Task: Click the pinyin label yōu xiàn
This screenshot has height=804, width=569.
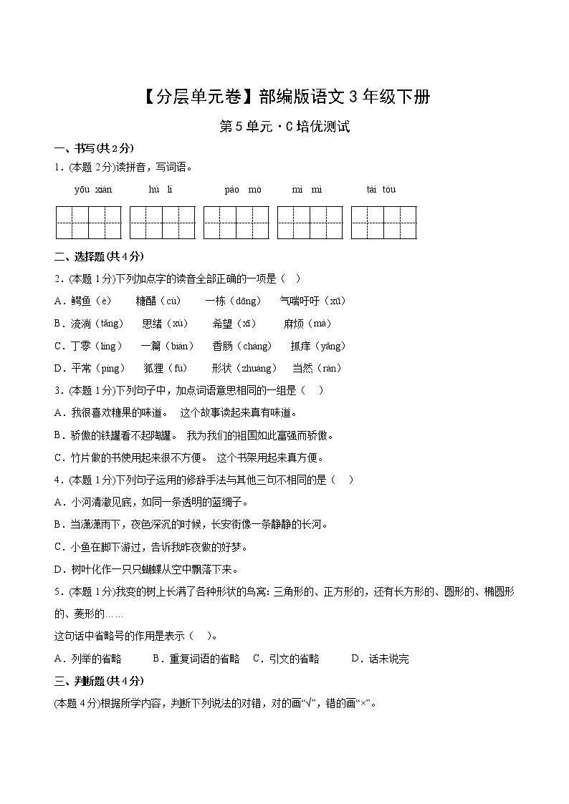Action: pos(93,190)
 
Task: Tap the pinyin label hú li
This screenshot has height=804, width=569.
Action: pos(161,190)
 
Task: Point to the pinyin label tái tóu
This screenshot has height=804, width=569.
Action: pos(381,190)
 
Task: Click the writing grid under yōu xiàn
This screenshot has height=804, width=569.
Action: pos(89,222)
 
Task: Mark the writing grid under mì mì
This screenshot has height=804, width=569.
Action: pos(310,222)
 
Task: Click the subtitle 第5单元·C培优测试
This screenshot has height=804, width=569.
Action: pos(284,127)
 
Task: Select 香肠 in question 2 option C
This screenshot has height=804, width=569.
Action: pos(223,347)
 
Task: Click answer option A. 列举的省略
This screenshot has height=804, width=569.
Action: pos(88,659)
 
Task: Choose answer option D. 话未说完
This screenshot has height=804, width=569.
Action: pos(380,659)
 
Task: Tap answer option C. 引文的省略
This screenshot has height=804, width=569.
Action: pos(286,659)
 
